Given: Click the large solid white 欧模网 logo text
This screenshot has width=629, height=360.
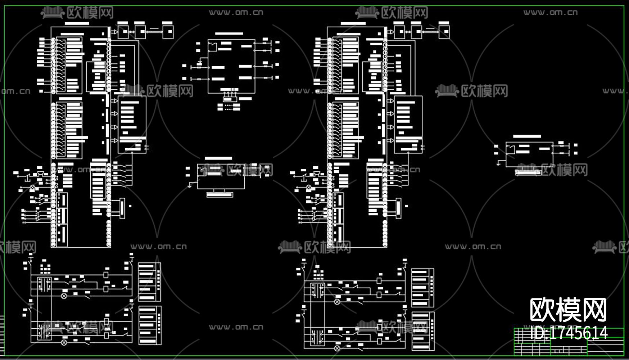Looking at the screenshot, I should [x=568, y=310].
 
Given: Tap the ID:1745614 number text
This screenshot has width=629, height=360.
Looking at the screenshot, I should [x=569, y=333].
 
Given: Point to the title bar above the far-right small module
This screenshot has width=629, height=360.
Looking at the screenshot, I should [x=527, y=136].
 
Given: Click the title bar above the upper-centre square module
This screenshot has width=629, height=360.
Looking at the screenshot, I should [x=229, y=34].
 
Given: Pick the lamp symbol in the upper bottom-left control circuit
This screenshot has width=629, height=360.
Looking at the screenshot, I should [x=64, y=296].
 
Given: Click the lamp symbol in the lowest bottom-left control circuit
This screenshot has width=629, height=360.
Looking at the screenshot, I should [x=64, y=341].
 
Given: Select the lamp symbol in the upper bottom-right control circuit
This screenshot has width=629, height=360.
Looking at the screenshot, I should [x=337, y=302].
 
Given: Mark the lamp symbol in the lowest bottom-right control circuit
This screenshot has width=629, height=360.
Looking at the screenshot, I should [x=337, y=348].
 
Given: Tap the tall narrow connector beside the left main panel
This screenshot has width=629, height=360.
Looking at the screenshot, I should [x=122, y=208].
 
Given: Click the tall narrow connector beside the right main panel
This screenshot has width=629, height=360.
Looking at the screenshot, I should [x=398, y=208].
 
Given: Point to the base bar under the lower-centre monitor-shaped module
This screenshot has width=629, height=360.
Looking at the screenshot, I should [x=220, y=195].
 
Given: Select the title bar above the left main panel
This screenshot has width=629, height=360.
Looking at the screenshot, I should [x=77, y=24].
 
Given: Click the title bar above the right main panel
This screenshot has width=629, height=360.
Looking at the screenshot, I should [x=353, y=24].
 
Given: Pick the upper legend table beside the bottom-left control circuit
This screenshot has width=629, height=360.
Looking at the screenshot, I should [x=149, y=282].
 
